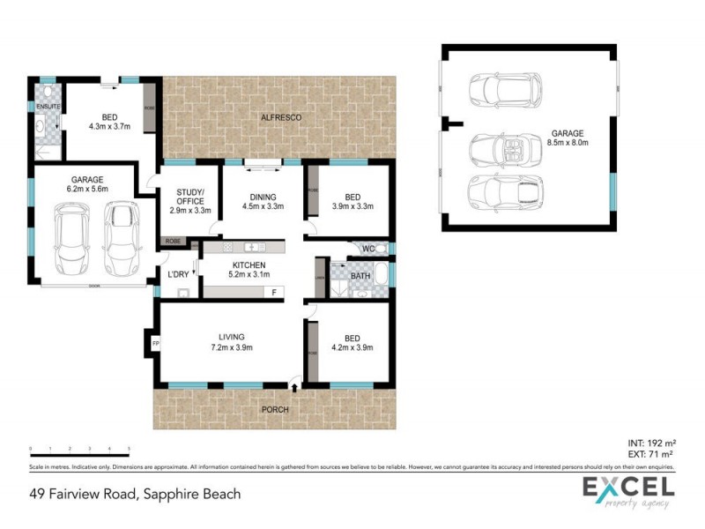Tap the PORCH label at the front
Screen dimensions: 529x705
pyautogui.click(x=273, y=410)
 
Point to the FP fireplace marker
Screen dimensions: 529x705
pyautogui.click(x=155, y=343)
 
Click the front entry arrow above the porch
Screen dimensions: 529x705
pyautogui.click(x=294, y=384)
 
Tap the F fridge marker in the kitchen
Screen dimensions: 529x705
pyautogui.click(x=273, y=292)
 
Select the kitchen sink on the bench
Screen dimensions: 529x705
pyautogui.click(x=255, y=247)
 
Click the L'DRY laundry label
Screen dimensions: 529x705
pyautogui.click(x=178, y=274)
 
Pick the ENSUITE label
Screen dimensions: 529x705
pyautogui.click(x=48, y=107)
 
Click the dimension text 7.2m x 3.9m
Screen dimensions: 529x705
pyautogui.click(x=231, y=347)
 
